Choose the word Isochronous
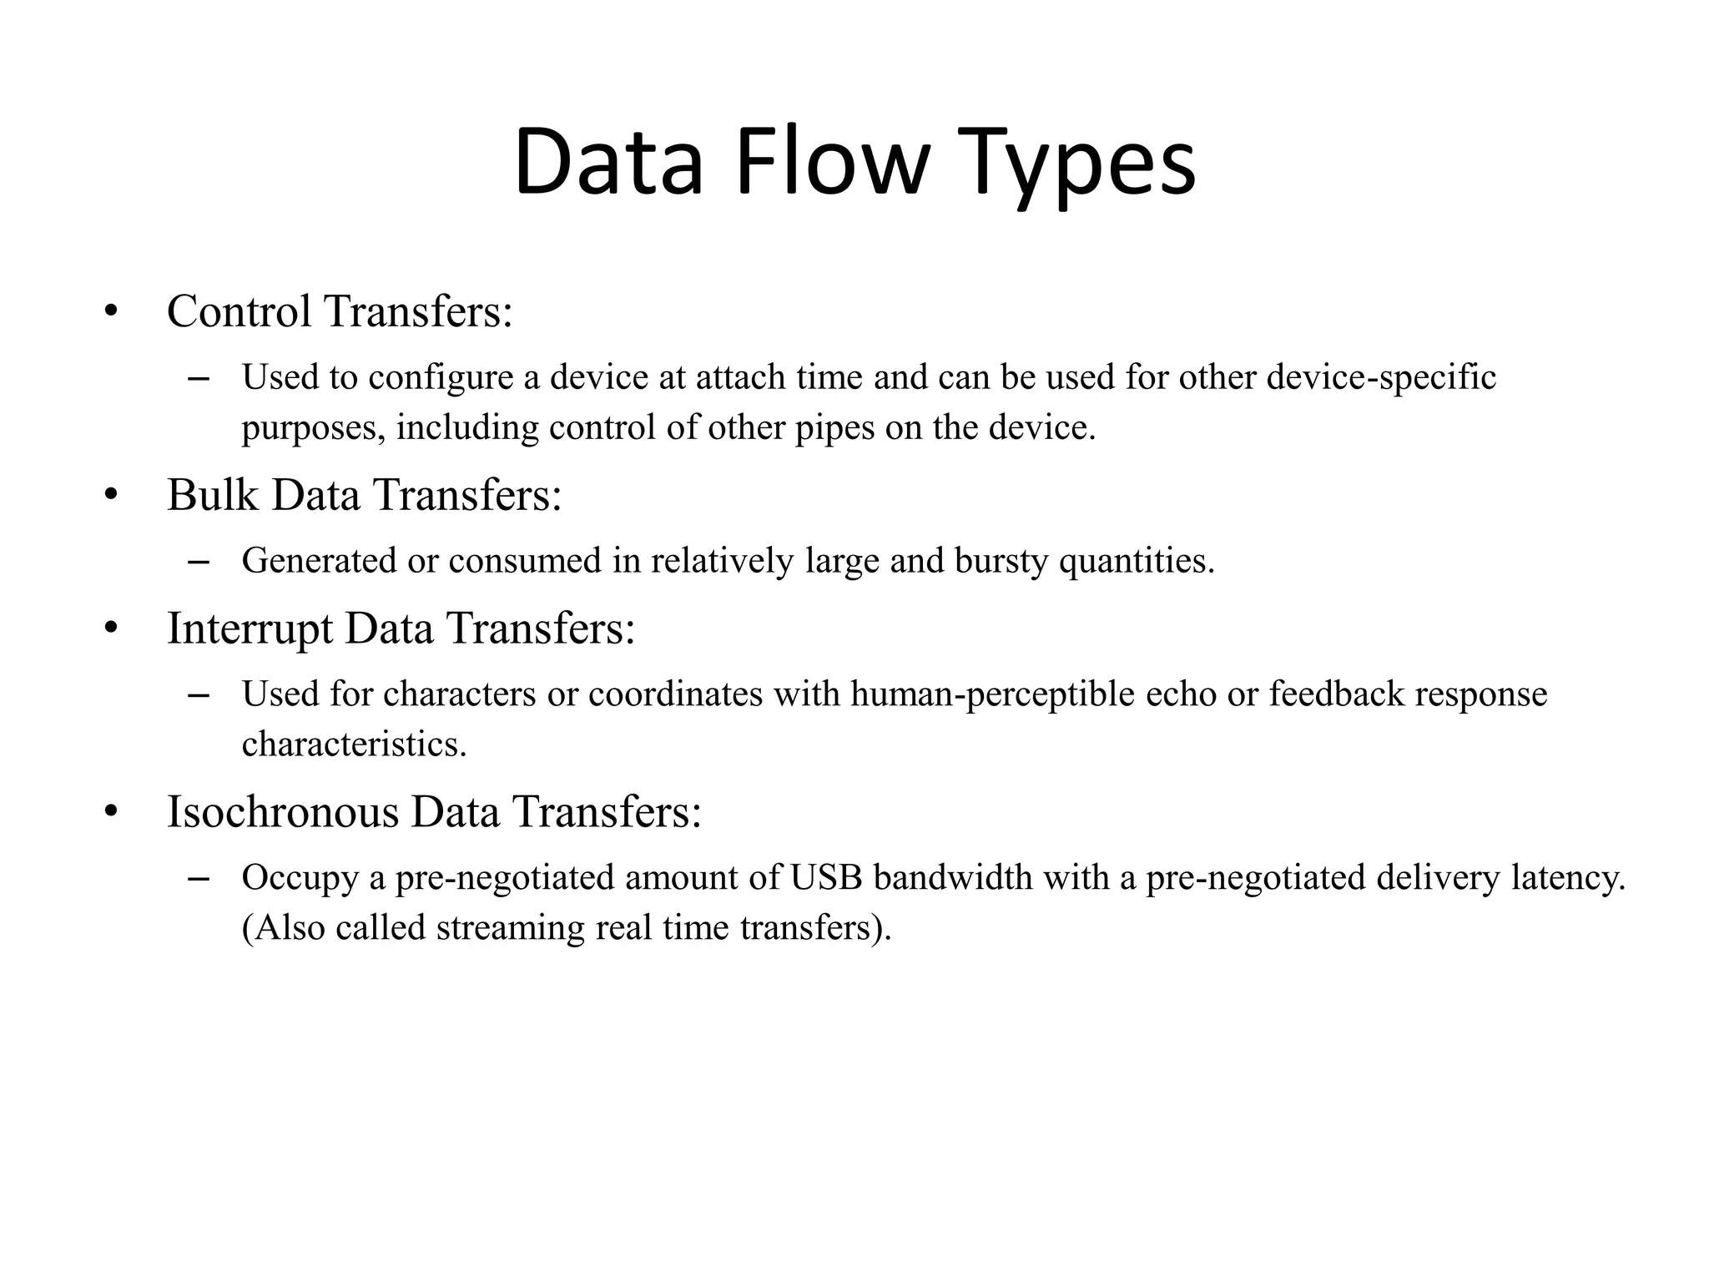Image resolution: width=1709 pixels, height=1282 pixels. click(x=283, y=812)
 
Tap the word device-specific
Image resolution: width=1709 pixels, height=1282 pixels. click(x=1381, y=378)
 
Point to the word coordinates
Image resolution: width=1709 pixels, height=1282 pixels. click(x=675, y=694)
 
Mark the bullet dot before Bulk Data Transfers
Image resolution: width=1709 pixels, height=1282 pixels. click(x=112, y=496)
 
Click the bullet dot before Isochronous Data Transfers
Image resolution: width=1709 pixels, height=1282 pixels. click(x=112, y=813)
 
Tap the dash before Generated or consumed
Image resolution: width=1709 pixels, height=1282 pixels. click(x=199, y=562)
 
